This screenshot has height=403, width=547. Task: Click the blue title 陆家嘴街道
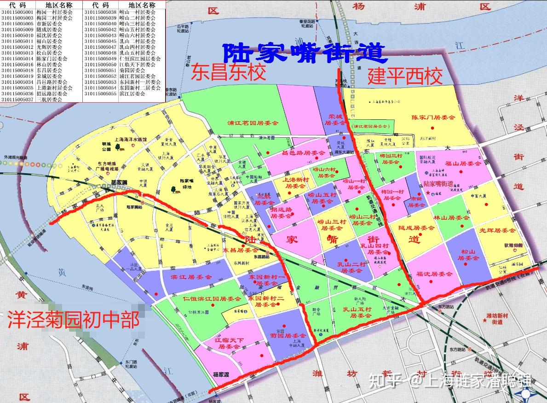[x=303, y=53]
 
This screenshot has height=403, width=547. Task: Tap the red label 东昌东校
[x=229, y=73]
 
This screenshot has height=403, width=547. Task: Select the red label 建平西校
[x=405, y=76]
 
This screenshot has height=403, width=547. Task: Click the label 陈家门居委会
[x=433, y=118]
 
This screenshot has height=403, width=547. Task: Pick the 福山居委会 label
[x=462, y=163]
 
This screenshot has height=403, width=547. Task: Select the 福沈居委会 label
[x=434, y=274]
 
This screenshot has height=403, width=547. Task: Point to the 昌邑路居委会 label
[x=303, y=152]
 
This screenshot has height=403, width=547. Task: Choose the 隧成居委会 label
[x=416, y=228]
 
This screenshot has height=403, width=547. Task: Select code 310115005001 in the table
[x=17, y=12]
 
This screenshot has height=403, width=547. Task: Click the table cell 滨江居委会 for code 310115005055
[x=132, y=93]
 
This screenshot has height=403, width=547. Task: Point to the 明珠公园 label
[x=106, y=146]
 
